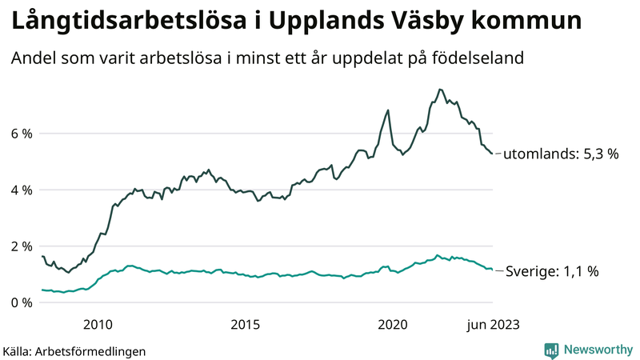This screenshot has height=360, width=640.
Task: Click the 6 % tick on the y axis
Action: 21,134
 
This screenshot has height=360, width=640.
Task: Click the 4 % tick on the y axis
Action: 21,190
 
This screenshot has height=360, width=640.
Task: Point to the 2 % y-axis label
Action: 21,246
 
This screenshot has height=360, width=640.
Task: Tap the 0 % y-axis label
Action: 21,302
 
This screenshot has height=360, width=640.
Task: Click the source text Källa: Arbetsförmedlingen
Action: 74,350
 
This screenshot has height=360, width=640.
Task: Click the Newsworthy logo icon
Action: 551,350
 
